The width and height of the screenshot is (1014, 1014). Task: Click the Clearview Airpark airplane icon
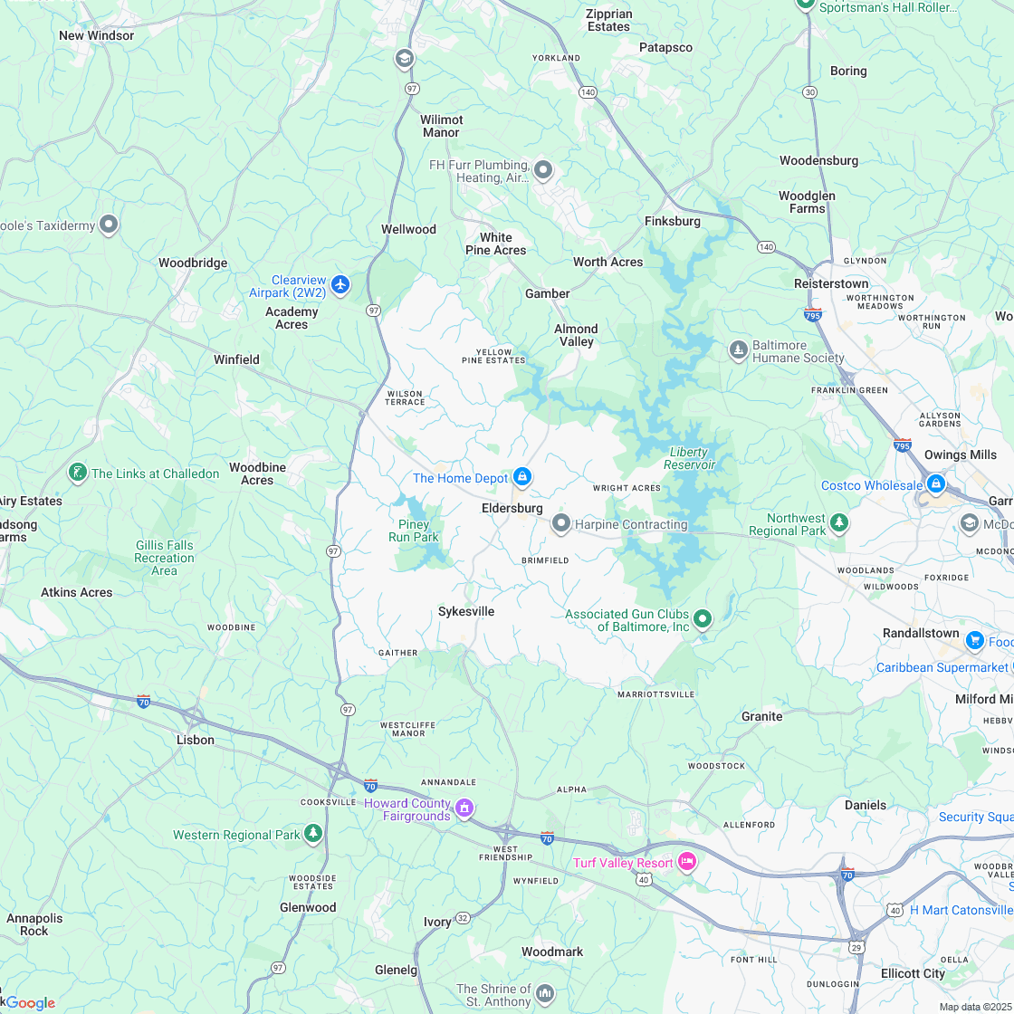tap(340, 285)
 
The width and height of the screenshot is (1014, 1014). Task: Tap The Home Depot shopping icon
tap(522, 477)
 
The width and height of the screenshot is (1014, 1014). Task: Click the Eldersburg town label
tap(512, 509)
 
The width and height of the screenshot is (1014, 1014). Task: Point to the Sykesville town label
tap(466, 611)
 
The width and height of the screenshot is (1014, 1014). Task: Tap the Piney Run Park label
tap(414, 531)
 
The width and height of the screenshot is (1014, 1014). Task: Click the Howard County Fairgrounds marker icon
tap(464, 808)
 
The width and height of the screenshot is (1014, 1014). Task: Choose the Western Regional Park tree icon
tap(313, 833)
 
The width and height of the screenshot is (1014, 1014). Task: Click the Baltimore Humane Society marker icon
tap(739, 349)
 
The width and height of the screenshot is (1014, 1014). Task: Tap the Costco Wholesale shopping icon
tap(935, 484)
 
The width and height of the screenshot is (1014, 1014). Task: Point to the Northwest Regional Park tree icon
tap(839, 522)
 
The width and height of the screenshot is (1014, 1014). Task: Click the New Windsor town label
tap(96, 35)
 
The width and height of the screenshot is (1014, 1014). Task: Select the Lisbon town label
tap(196, 740)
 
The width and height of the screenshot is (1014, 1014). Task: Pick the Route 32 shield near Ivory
tap(462, 917)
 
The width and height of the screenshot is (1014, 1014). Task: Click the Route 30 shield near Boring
tap(809, 92)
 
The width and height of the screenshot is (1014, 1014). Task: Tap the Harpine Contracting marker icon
tap(561, 523)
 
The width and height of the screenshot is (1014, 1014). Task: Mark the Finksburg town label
tap(673, 221)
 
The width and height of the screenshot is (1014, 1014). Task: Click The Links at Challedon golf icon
tap(78, 473)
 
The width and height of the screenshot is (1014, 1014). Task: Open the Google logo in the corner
tap(31, 1002)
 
